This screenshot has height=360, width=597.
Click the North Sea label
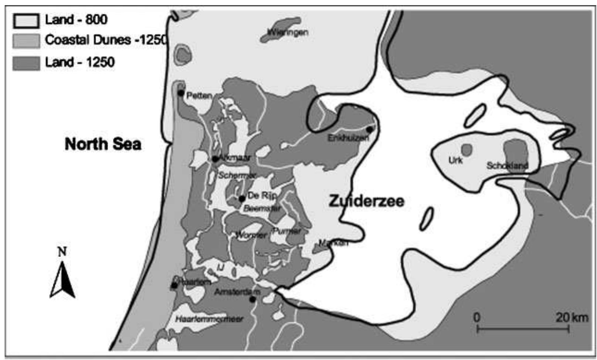pos(103,144)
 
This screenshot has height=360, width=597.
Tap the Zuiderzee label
pos(366,201)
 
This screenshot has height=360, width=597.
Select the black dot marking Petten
pos(181,93)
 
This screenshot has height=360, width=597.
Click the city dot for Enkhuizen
pos(369,129)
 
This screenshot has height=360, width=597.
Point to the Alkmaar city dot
pos(215,159)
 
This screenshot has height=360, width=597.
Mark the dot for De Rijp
pos(242,199)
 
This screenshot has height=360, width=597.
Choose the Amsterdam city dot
pos(252,299)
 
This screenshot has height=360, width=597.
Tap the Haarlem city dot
pos(174,285)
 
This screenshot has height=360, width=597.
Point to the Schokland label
pos(507,166)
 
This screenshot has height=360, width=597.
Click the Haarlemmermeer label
pos(209,319)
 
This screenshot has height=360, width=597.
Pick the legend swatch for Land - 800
pos(26,20)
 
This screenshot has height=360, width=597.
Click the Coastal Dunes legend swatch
pos(26,41)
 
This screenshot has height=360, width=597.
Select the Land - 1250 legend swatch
pos(26,62)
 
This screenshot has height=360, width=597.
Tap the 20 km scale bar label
pos(571,317)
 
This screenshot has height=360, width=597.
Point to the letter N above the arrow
pos(62,252)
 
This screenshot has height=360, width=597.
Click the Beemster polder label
pos(262,209)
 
